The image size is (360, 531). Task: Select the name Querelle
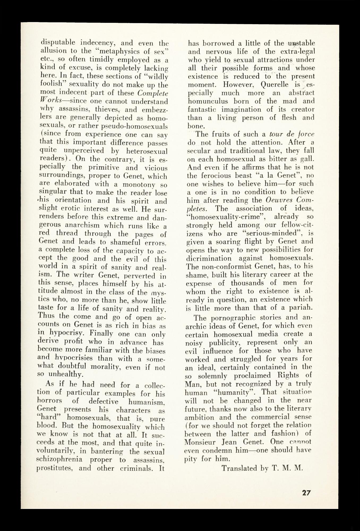coord(275,85)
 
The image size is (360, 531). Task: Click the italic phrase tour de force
coord(294,134)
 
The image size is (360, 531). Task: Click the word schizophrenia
coord(59,460)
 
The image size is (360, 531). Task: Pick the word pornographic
coord(233,318)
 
